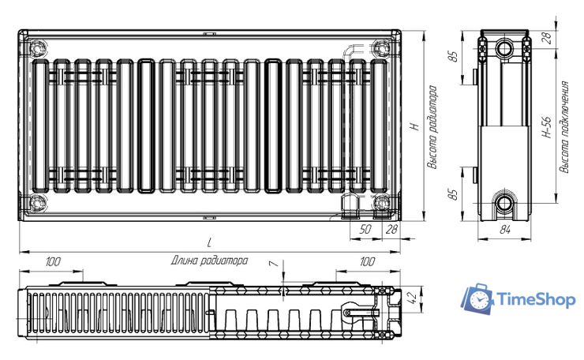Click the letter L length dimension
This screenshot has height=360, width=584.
click(x=208, y=242)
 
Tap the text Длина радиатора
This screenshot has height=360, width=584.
click(x=208, y=260)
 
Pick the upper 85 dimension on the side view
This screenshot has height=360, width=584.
click(x=453, y=58)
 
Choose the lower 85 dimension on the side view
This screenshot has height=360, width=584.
click(x=453, y=194)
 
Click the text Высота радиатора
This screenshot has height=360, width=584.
click(x=432, y=128)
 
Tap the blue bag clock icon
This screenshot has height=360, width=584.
click(x=477, y=298)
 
